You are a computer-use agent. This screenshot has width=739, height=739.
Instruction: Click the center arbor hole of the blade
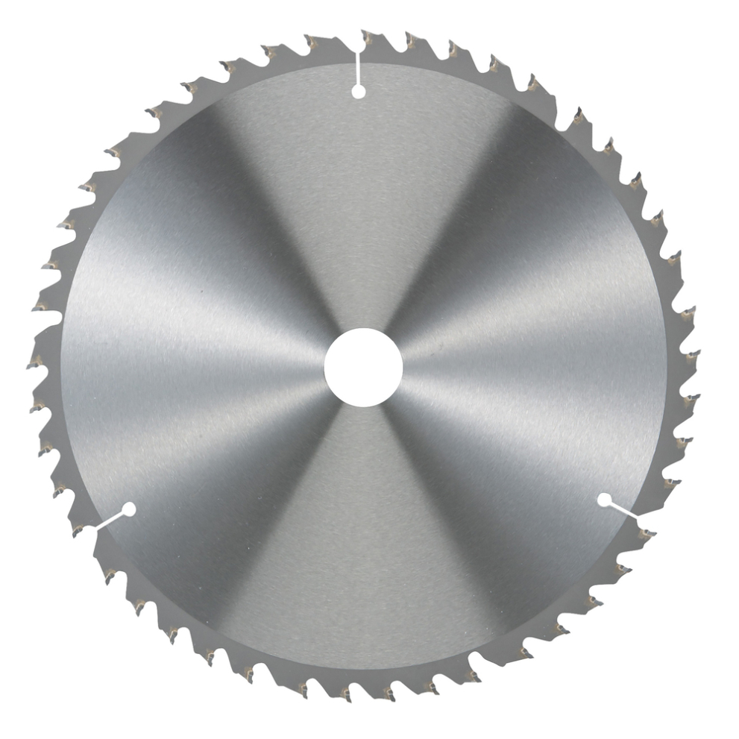(x=363, y=368)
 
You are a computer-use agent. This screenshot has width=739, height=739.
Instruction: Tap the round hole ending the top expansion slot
(x=358, y=91)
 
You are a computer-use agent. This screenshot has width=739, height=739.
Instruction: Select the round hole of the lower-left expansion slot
(x=128, y=510)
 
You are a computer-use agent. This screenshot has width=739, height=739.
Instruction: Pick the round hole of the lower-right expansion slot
(x=604, y=500)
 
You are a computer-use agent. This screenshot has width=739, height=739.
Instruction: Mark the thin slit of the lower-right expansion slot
(x=623, y=510)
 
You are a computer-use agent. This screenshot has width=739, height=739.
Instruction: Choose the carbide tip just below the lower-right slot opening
(x=646, y=534)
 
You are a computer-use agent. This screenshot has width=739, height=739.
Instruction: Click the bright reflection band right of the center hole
(x=522, y=358)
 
